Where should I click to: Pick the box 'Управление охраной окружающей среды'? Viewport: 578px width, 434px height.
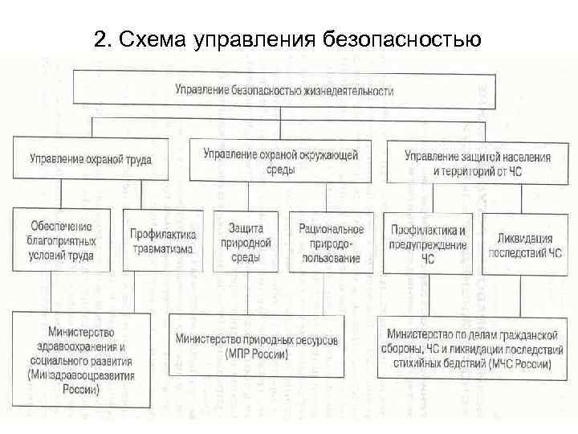pos(280,160)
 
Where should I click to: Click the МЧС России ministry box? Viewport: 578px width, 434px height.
pos(469,347)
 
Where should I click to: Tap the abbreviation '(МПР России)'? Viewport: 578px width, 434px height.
pos(257,354)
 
